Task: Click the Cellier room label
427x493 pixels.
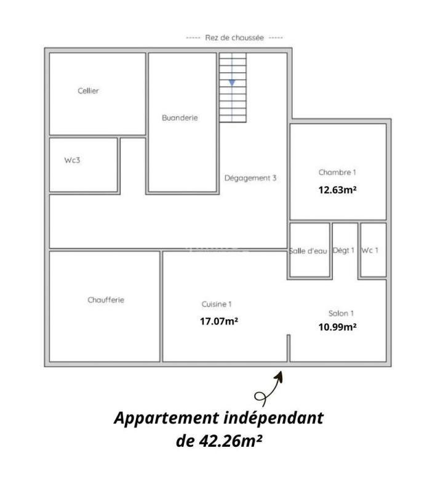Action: [88, 91]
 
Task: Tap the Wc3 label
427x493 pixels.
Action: [72, 160]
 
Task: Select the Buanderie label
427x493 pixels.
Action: [180, 118]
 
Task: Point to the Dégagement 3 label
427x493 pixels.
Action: [250, 178]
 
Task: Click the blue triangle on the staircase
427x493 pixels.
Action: [232, 82]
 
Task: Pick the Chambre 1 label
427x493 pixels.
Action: [337, 173]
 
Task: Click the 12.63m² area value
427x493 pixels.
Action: [337, 190]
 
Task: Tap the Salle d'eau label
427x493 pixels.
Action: [308, 251]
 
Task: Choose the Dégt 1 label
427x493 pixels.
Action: [343, 251]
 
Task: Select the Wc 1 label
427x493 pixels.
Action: [370, 250]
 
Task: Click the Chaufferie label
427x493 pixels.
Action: [106, 300]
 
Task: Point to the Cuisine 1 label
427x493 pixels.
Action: [217, 304]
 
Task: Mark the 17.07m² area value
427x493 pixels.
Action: [219, 321]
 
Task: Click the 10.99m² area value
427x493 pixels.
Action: [337, 327]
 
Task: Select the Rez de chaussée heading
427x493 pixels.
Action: [234, 38]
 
